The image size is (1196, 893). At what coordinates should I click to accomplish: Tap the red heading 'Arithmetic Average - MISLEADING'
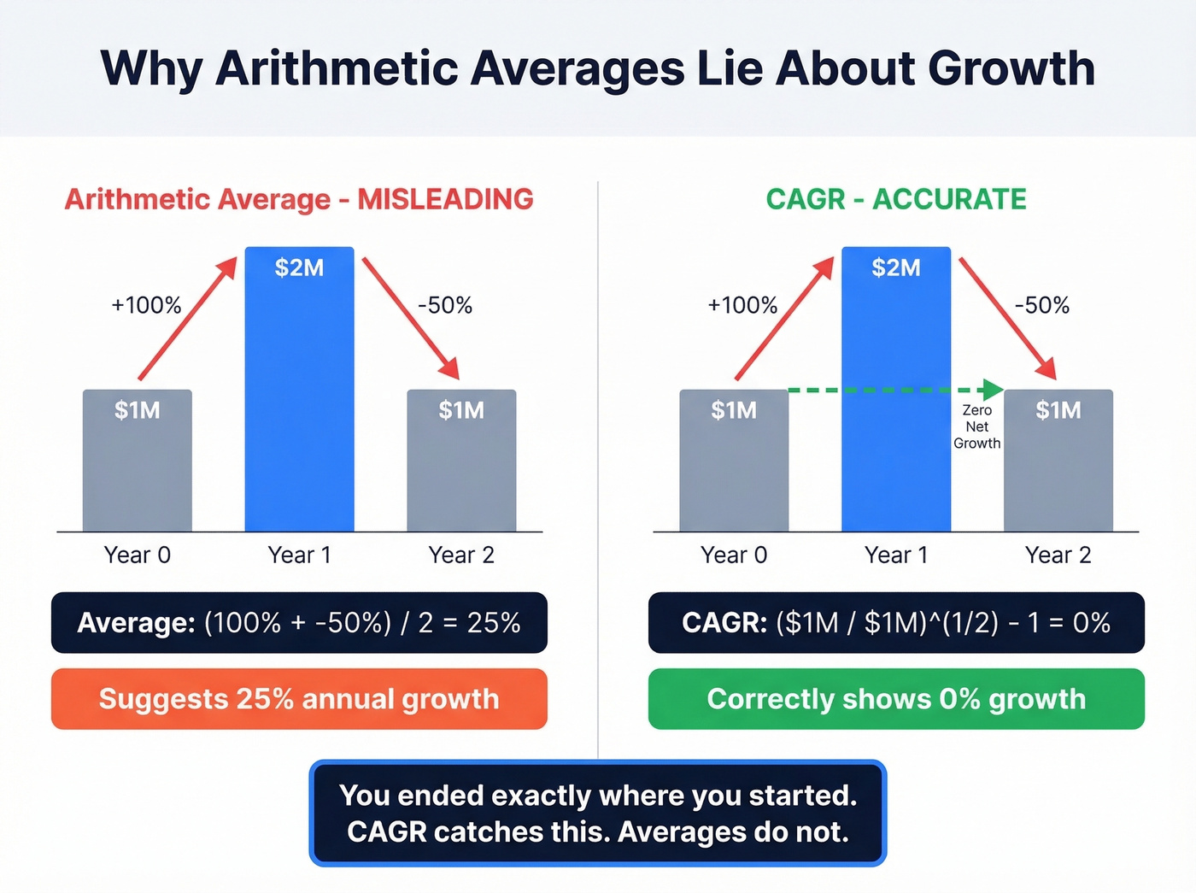click(x=299, y=199)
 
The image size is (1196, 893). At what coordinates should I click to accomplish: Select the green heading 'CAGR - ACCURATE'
click(x=896, y=199)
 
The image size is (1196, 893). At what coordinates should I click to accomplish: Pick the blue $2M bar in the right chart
click(x=896, y=342)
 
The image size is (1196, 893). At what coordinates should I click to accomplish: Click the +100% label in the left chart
click(x=146, y=305)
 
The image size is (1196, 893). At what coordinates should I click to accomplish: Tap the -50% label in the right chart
click(x=1041, y=305)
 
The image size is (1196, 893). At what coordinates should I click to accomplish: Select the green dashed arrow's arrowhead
click(x=993, y=390)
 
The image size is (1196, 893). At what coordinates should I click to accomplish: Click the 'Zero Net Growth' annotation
click(x=976, y=426)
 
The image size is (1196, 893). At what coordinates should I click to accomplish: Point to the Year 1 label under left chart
click(x=299, y=555)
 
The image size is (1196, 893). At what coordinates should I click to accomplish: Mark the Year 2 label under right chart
click(x=1058, y=555)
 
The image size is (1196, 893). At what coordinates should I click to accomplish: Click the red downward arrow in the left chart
click(x=410, y=317)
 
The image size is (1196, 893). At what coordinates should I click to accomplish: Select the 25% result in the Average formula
click(x=494, y=622)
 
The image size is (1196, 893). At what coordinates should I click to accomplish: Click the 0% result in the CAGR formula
click(x=1091, y=622)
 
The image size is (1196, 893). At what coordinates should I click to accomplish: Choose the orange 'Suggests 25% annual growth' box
click(x=299, y=699)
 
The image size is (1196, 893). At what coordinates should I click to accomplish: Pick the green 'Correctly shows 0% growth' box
click(x=896, y=699)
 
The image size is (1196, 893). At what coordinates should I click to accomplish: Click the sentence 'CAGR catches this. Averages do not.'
click(x=598, y=831)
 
